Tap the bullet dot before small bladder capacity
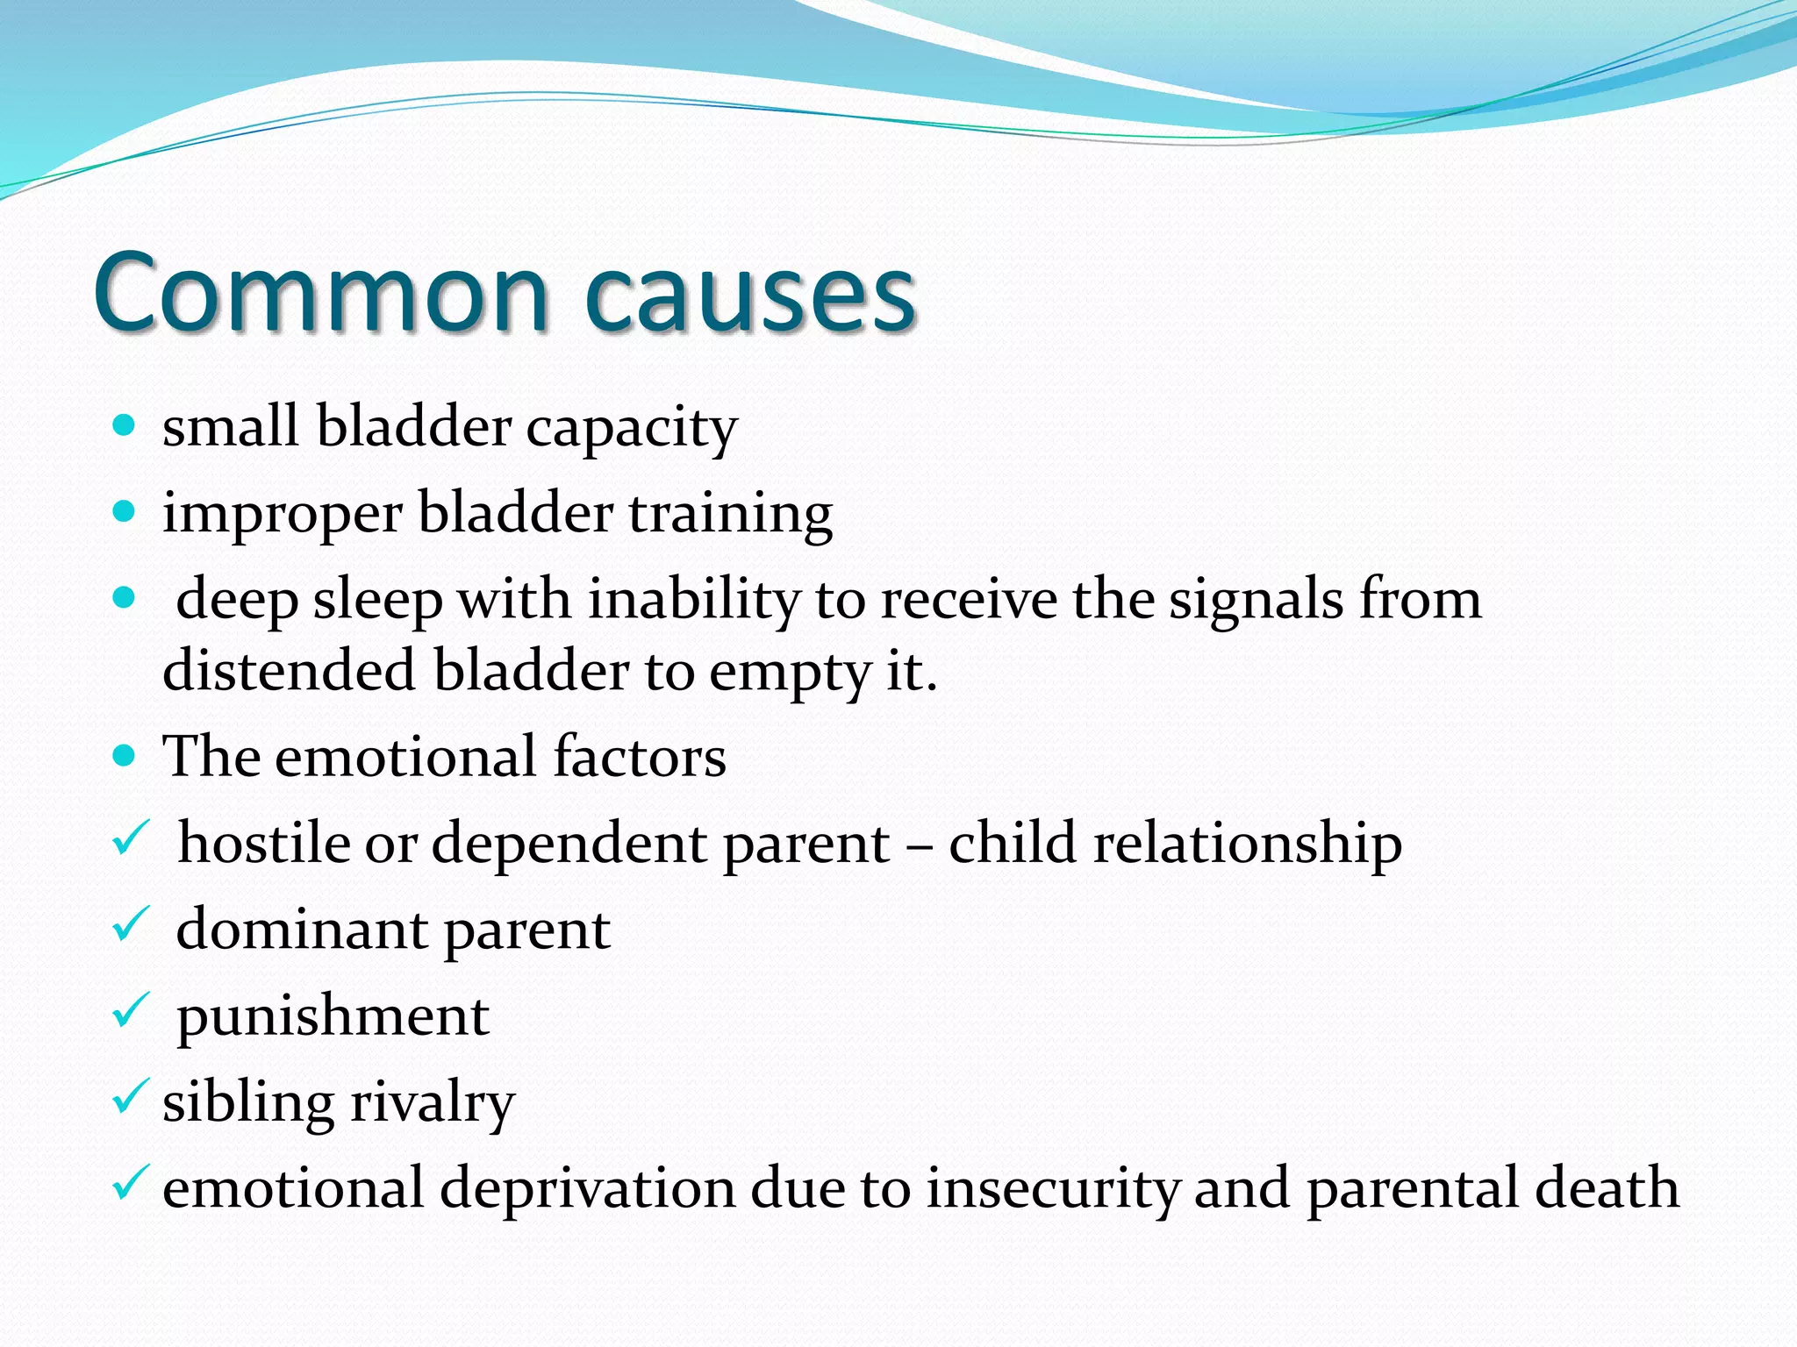[125, 426]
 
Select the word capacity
[632, 430]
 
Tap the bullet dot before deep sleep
[125, 599]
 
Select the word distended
[289, 671]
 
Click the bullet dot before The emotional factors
[125, 755]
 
